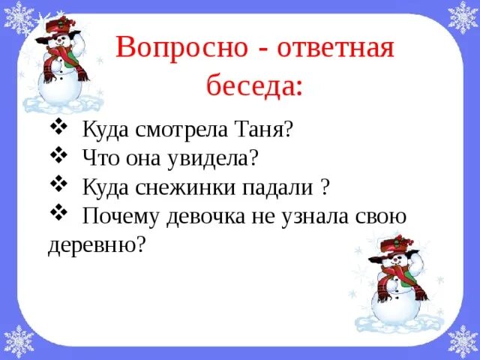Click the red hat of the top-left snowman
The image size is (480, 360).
point(57,27)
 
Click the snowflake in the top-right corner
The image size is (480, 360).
point(462,16)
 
